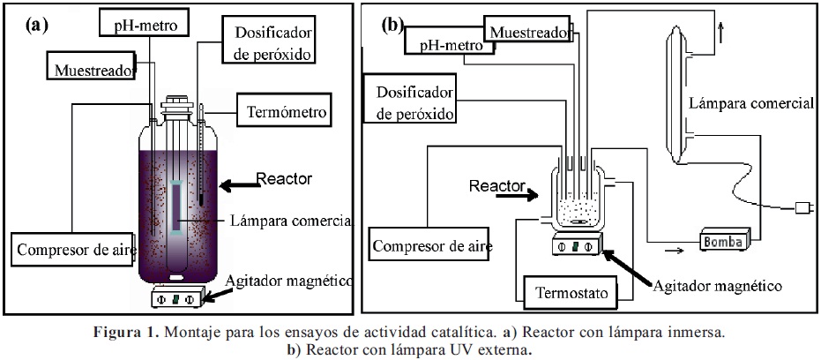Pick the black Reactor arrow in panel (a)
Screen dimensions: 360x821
[x=235, y=184]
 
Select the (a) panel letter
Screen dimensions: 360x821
[x=34, y=25]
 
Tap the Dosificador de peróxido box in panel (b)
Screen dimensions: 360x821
[x=414, y=102]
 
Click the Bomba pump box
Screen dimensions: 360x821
[x=725, y=240]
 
